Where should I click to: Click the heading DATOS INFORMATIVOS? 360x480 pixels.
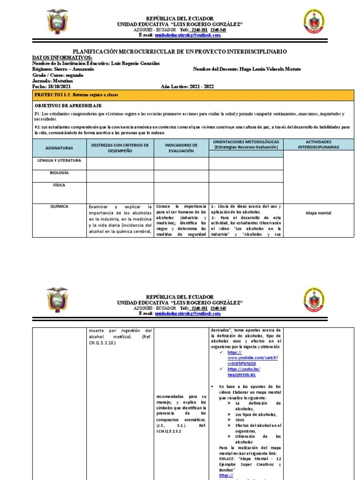(x=62, y=57)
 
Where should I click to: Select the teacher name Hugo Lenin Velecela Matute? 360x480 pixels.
(x=270, y=69)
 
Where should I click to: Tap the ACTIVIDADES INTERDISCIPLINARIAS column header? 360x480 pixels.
(x=318, y=144)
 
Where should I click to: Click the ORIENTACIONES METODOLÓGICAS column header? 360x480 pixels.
(x=246, y=144)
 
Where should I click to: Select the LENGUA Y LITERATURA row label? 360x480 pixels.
(x=60, y=160)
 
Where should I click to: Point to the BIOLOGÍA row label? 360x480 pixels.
(x=60, y=172)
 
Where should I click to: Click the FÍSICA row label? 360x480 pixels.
(x=60, y=185)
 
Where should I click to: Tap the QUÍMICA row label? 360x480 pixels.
(x=60, y=206)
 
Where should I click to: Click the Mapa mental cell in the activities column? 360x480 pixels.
(x=318, y=213)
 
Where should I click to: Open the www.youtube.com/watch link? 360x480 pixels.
(x=253, y=358)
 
